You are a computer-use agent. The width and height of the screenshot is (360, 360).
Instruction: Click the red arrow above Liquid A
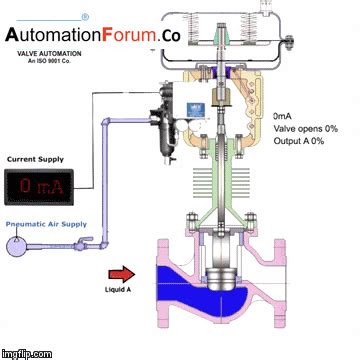[x=121, y=273]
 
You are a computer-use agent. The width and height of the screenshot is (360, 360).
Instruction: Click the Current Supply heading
[x=35, y=158]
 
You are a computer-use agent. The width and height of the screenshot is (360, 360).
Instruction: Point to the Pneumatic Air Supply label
[x=42, y=226]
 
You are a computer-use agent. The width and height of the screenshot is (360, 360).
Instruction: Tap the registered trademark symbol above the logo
[x=84, y=16]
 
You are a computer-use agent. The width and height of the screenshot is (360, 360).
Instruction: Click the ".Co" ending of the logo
[x=171, y=36]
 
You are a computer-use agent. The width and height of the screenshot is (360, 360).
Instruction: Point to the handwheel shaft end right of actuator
[x=290, y=43]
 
